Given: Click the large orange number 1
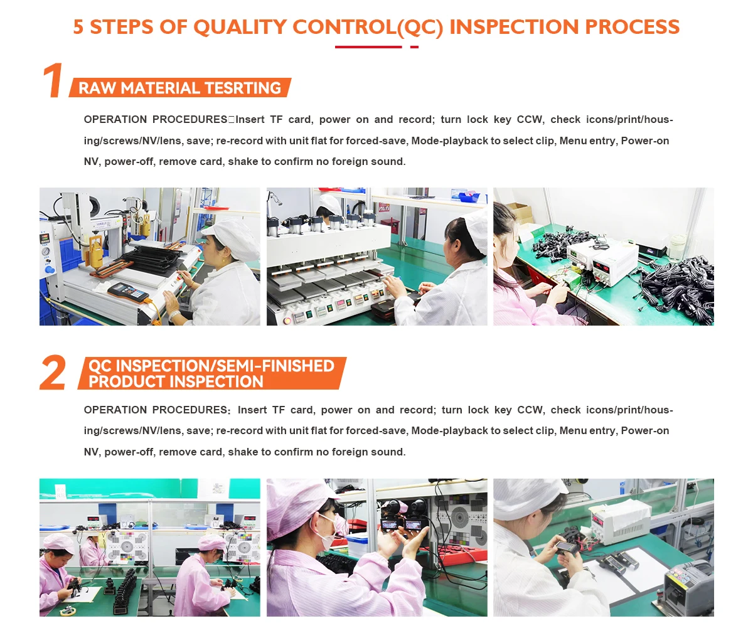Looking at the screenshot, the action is coord(53,80).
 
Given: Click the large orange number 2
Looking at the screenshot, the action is coord(53,372).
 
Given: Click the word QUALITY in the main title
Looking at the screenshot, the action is coord(240,27).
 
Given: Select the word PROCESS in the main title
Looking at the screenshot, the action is coord(632,27).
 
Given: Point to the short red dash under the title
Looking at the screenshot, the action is coord(414,47).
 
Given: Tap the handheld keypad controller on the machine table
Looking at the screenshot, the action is coord(129,292).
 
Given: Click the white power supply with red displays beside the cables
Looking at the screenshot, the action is coord(599,262).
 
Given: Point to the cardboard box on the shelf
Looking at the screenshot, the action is coord(520,213).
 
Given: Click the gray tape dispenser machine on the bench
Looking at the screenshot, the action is coord(688,588).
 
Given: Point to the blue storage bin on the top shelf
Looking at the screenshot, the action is coord(469,196).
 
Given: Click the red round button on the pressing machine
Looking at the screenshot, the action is coord(287,320).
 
